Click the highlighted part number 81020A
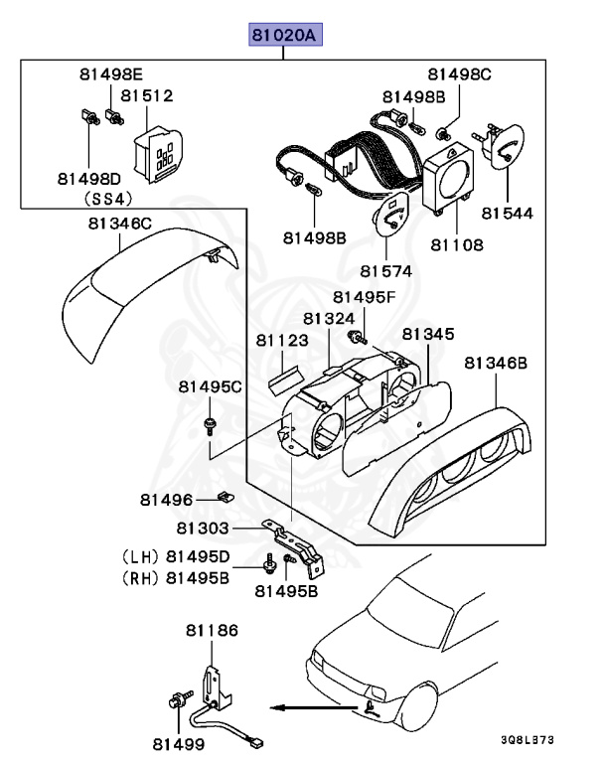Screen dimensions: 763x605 point(284,38)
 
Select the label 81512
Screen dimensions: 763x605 point(147,96)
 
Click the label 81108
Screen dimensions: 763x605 point(456,243)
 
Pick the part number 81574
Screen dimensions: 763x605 point(387,271)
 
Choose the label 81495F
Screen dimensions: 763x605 point(364,296)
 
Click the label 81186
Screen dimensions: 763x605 point(212,630)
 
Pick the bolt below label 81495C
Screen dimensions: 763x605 point(211,426)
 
